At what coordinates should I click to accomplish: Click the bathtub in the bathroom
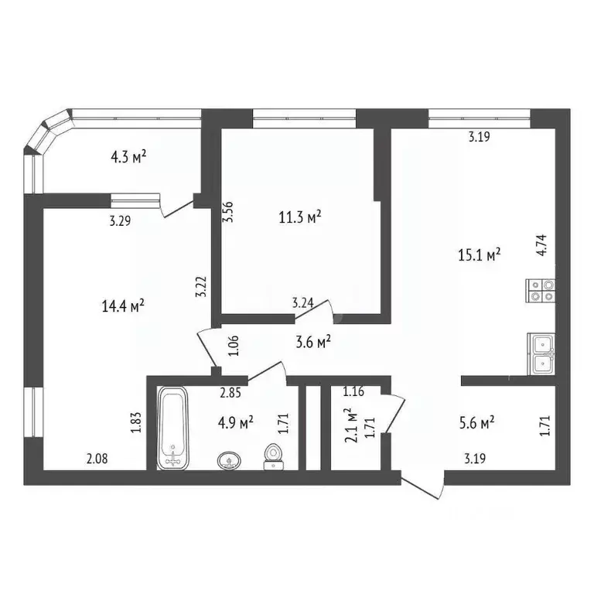point(173,428)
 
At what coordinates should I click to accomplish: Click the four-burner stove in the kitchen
point(541,288)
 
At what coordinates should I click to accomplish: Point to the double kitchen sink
point(541,353)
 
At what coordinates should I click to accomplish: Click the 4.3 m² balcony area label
point(129,157)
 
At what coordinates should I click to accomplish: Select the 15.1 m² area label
point(480,254)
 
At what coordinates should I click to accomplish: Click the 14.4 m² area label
point(124,306)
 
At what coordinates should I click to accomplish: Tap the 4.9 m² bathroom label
point(235,422)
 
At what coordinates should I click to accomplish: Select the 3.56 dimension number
point(227,213)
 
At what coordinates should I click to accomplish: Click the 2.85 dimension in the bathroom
point(230,393)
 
